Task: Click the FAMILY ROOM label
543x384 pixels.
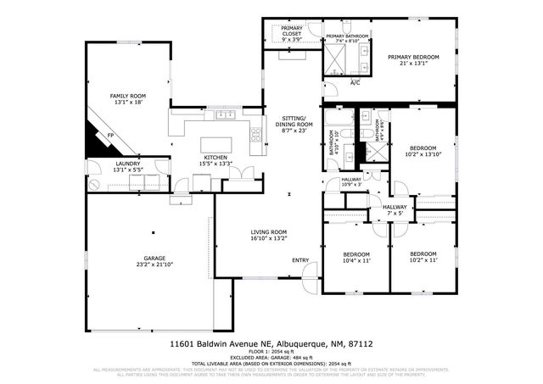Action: (x=128, y=96)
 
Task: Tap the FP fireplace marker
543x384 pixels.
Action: (x=110, y=136)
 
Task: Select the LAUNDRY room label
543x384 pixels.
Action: (x=127, y=164)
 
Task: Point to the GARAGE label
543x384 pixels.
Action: (x=154, y=258)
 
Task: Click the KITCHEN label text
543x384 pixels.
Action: (x=215, y=157)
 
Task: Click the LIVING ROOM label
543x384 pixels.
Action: (x=268, y=232)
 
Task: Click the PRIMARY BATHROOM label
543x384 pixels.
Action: (x=347, y=36)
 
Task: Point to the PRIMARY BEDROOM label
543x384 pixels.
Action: (x=413, y=57)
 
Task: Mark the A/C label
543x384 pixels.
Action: (x=355, y=82)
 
